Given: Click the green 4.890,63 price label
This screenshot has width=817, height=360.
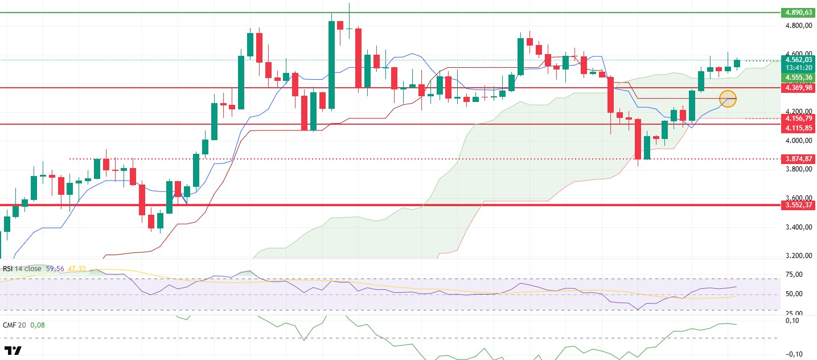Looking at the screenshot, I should [x=797, y=12].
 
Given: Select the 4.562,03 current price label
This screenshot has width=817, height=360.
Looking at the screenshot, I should [x=797, y=59].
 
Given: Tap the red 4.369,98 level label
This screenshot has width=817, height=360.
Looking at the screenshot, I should [x=797, y=88].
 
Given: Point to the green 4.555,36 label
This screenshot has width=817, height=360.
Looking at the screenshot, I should [x=797, y=77].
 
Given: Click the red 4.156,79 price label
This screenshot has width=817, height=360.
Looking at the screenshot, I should [x=797, y=118].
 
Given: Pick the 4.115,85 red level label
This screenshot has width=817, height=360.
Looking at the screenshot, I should [x=797, y=129].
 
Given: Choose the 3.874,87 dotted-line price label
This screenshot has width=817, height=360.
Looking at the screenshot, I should [x=797, y=159].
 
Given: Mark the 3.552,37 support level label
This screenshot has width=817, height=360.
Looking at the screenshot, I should [x=797, y=205].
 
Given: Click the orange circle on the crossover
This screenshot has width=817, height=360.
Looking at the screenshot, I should [x=728, y=99].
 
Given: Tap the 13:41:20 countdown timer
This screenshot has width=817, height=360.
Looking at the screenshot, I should [x=797, y=68].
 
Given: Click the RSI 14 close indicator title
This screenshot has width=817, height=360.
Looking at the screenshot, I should [x=21, y=268].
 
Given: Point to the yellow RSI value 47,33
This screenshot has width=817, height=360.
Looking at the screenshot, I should [x=76, y=268].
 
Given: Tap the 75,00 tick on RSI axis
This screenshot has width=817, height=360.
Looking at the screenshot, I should [x=795, y=275].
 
